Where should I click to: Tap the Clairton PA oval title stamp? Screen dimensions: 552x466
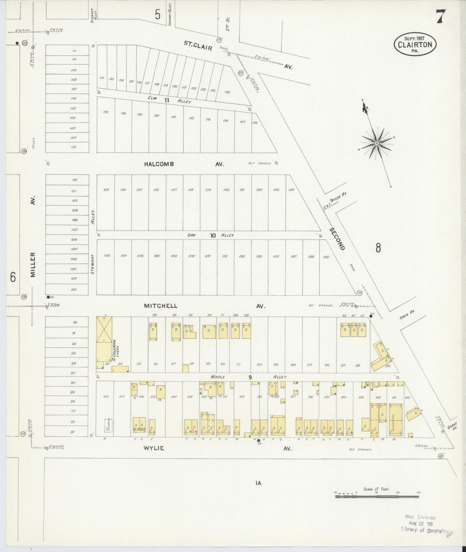(415, 44)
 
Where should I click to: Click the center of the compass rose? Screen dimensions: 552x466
(376, 143)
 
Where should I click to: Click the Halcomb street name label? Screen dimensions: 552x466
(159, 164)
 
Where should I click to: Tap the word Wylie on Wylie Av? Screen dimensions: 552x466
(154, 448)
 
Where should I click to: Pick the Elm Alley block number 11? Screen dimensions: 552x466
(166, 100)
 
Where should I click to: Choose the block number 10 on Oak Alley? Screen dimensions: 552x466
(213, 235)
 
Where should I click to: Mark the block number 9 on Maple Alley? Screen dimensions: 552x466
(250, 377)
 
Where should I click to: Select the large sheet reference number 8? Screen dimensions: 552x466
(378, 248)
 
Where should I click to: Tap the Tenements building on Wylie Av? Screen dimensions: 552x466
(396, 416)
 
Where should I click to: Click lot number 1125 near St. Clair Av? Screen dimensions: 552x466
(227, 92)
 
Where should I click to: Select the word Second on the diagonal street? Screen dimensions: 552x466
(337, 239)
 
